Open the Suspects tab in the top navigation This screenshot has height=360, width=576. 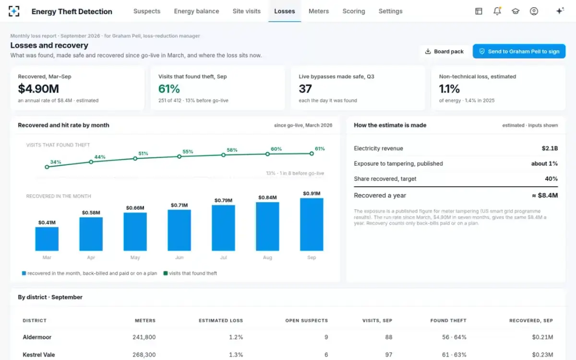(x=147, y=12)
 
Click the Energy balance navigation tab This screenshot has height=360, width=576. (x=196, y=12)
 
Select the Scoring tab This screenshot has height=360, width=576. (x=354, y=12)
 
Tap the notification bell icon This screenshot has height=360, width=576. (x=497, y=11)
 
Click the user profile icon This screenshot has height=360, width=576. (x=534, y=11)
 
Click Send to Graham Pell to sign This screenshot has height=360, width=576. (x=519, y=51)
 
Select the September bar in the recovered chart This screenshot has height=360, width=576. (x=312, y=224)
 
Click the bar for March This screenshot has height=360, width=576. (x=47, y=239)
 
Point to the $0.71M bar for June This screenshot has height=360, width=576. (x=179, y=230)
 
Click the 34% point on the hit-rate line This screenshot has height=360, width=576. (x=47, y=167)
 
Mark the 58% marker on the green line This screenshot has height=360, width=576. (x=224, y=155)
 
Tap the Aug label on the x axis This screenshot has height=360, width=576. (x=267, y=257)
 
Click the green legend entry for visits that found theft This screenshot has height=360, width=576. (x=190, y=273)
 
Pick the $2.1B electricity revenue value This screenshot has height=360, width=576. (x=550, y=148)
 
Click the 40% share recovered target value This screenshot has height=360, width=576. (x=552, y=179)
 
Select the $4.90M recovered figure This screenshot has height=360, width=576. (x=38, y=89)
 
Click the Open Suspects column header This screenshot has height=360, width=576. (x=307, y=321)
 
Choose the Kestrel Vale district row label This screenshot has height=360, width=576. (x=39, y=355)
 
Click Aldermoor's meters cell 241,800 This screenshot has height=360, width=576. (x=144, y=337)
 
